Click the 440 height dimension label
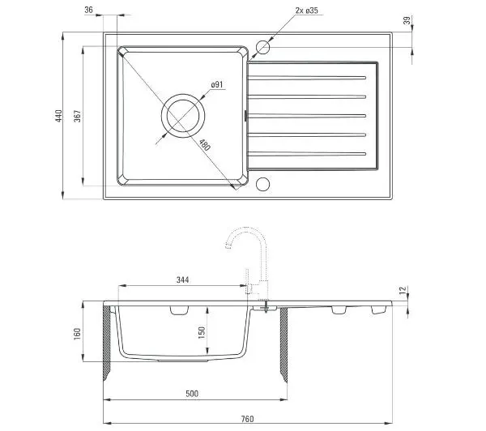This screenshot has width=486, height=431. [x=59, y=116]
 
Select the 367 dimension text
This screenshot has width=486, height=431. [x=78, y=116]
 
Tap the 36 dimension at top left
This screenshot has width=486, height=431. [x=88, y=10]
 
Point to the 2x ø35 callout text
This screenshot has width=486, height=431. [x=306, y=11]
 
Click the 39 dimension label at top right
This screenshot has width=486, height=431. [x=407, y=20]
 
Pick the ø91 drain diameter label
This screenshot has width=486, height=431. [x=217, y=84]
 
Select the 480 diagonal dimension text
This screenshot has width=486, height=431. [x=205, y=145]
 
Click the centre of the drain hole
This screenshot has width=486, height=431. [x=183, y=116]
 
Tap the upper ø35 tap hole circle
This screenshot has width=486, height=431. [x=262, y=48]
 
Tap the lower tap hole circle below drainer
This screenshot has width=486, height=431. [x=262, y=184]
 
